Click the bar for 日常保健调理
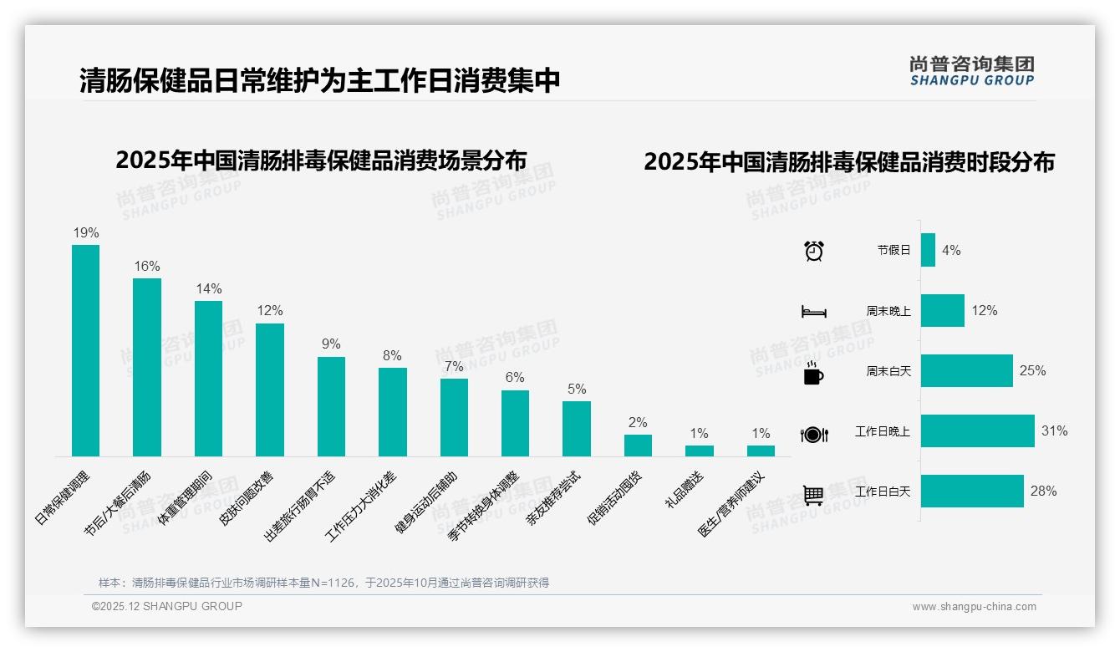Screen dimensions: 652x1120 point(85,350)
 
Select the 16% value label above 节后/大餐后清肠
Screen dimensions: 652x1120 point(147,266)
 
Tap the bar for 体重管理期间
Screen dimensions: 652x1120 point(208,379)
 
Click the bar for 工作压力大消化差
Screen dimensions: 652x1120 point(392,412)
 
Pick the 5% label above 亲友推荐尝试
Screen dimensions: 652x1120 point(576,389)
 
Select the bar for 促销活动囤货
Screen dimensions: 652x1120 point(638,446)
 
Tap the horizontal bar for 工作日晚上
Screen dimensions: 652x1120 point(977,431)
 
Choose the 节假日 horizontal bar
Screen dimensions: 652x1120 point(928,250)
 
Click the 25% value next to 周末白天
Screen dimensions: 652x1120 point(1032,370)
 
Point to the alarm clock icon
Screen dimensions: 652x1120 point(813,251)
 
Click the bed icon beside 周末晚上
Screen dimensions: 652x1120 point(813,312)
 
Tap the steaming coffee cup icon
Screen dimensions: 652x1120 point(813,373)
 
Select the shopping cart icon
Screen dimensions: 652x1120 point(813,495)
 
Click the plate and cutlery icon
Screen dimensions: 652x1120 point(813,434)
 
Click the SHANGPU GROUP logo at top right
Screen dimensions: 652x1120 point(971,70)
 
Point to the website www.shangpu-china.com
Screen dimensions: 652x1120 point(974,607)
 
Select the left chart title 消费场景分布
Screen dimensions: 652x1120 point(321,160)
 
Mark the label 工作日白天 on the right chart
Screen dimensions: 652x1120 point(883,492)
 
